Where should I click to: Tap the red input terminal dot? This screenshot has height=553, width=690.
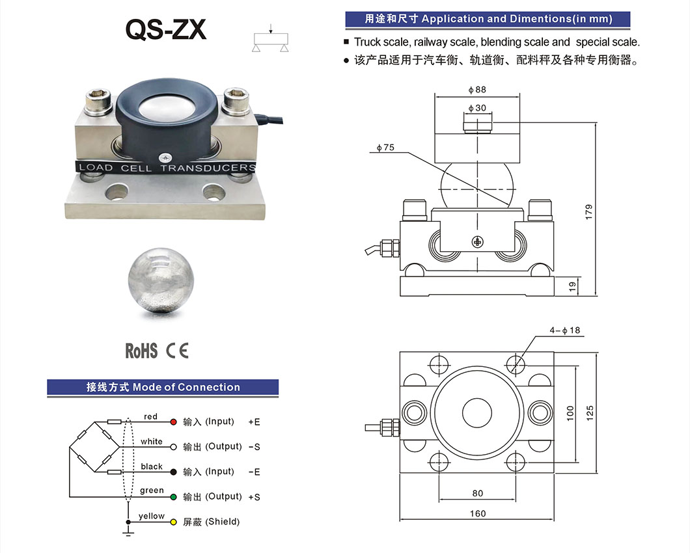click(x=173, y=422)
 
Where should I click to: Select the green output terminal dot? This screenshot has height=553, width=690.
click(x=173, y=498)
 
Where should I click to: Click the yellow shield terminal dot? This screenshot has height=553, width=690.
click(x=173, y=522)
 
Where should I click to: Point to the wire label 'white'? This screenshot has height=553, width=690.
click(x=152, y=442)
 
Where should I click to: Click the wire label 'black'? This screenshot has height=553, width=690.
click(x=152, y=466)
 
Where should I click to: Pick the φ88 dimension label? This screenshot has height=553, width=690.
click(x=476, y=90)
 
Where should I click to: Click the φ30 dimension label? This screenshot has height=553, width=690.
click(x=476, y=108)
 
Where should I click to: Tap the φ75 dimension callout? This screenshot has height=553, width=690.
click(x=385, y=148)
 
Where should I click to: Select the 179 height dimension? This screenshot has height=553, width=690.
click(x=588, y=211)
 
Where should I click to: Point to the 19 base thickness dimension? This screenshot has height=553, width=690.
click(x=572, y=286)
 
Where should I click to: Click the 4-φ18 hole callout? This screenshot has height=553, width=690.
click(x=564, y=330)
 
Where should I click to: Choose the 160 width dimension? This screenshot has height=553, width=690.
click(x=477, y=513)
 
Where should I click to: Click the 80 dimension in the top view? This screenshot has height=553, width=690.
click(x=477, y=494)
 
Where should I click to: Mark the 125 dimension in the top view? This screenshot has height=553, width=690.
click(x=590, y=412)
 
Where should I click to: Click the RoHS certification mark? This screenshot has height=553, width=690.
click(x=141, y=351)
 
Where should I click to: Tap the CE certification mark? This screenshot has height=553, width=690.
click(x=177, y=351)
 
